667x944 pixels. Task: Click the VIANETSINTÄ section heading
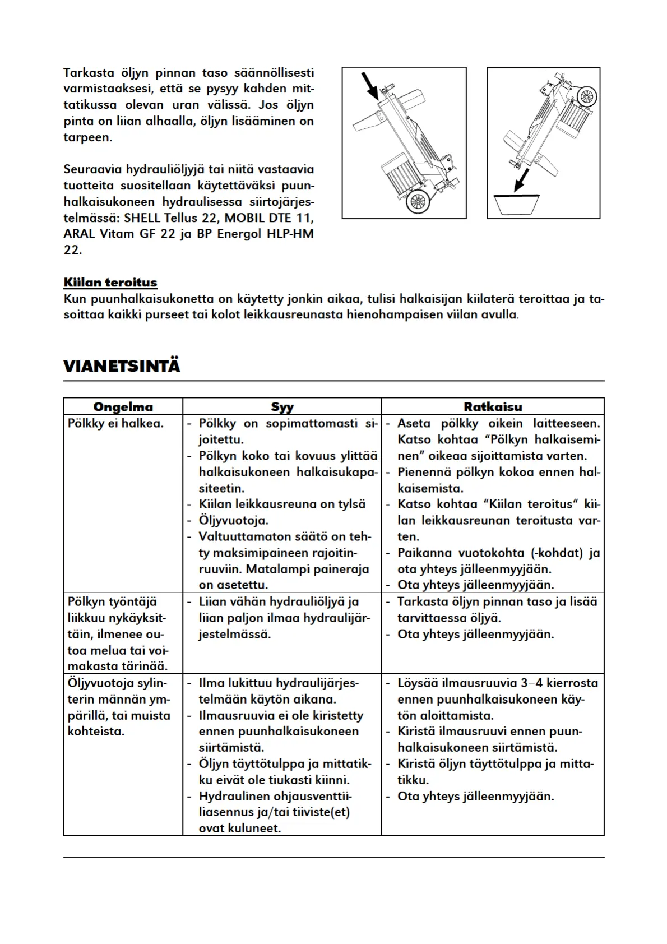[x=122, y=367]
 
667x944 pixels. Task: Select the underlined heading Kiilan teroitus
[x=110, y=283]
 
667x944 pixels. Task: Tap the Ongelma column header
[x=123, y=407]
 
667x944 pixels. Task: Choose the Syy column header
[x=282, y=407]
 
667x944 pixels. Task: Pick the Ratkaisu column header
[x=493, y=407]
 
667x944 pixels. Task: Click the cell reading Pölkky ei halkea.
[x=115, y=424]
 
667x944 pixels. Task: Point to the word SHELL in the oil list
[x=141, y=218]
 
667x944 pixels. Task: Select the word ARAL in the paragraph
[x=80, y=234]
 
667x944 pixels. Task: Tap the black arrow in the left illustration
[x=369, y=85]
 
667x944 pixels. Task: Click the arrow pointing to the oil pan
[x=522, y=181]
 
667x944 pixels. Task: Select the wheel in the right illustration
[x=586, y=96]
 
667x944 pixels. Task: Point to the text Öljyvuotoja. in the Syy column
[x=233, y=521]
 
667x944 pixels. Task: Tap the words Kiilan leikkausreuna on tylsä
[x=282, y=505]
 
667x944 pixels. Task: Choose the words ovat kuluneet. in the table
[x=239, y=829]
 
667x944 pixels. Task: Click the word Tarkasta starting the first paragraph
[x=89, y=73]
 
